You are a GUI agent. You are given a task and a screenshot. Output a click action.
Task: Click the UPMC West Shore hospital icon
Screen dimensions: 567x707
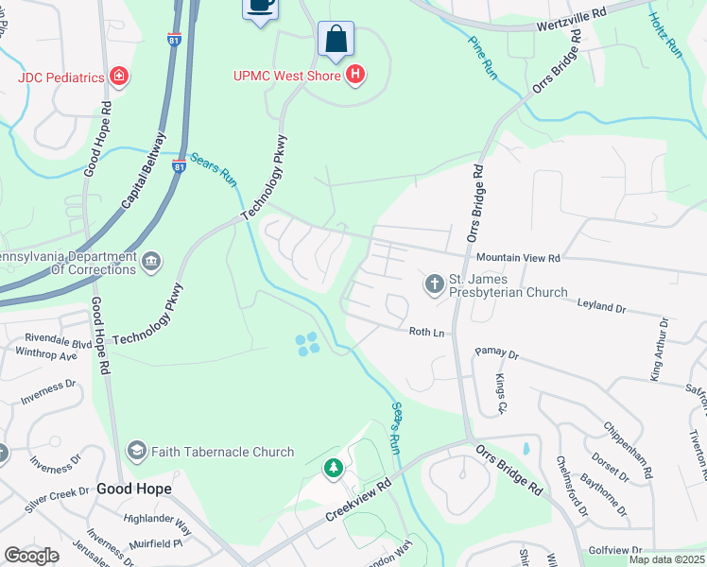(355, 75)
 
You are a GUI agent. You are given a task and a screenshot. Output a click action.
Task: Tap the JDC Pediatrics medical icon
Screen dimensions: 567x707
(120, 76)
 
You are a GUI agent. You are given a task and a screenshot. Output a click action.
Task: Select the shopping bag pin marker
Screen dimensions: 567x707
(336, 40)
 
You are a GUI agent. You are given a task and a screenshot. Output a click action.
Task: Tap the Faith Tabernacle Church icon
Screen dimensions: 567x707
(137, 451)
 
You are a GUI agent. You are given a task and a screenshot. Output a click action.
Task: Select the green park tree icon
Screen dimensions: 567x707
(333, 468)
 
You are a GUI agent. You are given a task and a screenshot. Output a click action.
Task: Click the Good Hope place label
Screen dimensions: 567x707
(134, 489)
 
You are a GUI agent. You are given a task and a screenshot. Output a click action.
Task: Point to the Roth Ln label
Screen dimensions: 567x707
(426, 332)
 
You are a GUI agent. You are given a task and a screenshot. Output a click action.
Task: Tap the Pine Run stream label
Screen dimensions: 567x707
(483, 57)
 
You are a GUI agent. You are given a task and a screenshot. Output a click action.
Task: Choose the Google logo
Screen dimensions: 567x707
(31, 556)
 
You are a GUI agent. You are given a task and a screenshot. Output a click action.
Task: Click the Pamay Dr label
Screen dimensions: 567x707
(497, 354)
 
